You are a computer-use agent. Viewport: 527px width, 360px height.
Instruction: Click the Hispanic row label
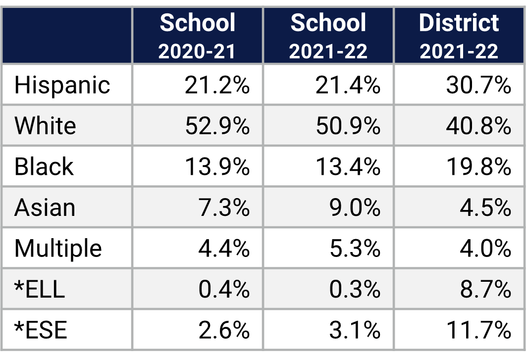pos(62,85)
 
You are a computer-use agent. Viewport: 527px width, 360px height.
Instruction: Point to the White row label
pos(45,126)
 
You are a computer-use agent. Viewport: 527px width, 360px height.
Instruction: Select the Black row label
pos(44,166)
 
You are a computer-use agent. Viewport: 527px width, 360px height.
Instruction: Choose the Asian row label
pos(45,207)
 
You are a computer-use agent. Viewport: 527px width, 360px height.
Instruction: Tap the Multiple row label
pos(58,248)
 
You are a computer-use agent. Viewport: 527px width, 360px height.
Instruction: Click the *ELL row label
pos(40,289)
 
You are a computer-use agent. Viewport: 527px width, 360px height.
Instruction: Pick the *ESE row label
pos(41,330)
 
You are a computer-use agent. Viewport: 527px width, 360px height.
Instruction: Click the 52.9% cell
pos(217,126)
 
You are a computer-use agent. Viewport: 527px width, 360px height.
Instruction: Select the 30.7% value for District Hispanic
pos(478,85)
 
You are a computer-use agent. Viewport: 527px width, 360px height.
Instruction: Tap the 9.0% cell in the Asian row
pos(355,207)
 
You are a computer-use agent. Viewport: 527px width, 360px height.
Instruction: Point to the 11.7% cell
pos(478,330)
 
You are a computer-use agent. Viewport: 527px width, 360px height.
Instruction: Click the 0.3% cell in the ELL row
pos(355,289)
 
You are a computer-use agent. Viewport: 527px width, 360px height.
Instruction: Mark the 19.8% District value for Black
pos(478,166)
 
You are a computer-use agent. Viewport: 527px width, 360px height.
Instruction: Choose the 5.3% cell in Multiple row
pos(355,248)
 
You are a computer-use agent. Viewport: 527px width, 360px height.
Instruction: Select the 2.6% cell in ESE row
pos(224,330)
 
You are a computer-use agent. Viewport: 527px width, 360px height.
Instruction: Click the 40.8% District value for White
pos(478,126)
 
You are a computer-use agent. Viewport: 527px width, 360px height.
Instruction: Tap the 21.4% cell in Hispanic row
pos(348,85)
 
